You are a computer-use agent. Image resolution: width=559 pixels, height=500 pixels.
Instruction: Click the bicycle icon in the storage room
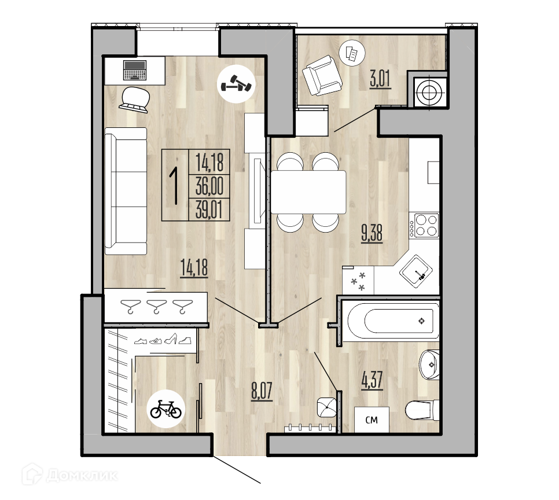pyautogui.click(x=166, y=409)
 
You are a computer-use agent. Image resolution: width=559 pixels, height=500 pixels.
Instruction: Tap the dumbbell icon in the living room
pyautogui.click(x=236, y=84)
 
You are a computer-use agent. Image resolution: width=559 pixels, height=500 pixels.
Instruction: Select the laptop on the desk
pyautogui.click(x=135, y=70)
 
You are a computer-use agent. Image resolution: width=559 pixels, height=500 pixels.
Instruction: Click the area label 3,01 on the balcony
pyautogui.click(x=380, y=79)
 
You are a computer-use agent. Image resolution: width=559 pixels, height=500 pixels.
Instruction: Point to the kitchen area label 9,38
pyautogui.click(x=372, y=233)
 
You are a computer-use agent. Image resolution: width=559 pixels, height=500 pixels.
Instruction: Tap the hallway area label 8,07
pyautogui.click(x=262, y=391)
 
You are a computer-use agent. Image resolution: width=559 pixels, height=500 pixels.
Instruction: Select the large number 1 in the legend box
pyautogui.click(x=175, y=186)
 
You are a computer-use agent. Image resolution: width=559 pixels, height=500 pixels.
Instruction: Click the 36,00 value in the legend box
pyautogui.click(x=209, y=186)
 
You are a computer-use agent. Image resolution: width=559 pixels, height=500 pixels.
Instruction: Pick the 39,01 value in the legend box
pyautogui.click(x=209, y=209)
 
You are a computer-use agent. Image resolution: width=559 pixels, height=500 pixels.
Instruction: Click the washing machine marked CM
pyautogui.click(x=372, y=420)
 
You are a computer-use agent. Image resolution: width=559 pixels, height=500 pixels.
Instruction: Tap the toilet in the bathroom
pyautogui.click(x=422, y=410)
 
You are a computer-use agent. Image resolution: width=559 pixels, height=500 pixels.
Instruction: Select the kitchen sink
pyautogui.click(x=415, y=271)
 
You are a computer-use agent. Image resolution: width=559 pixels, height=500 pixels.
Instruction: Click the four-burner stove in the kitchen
pyautogui.click(x=424, y=225)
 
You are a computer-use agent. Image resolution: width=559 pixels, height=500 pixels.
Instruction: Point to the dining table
pyautogui.click(x=308, y=192)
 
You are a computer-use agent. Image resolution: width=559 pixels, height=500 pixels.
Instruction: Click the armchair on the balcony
pyautogui.click(x=322, y=75)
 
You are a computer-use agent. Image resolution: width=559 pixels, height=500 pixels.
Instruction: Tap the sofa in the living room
pyautogui.click(x=126, y=191)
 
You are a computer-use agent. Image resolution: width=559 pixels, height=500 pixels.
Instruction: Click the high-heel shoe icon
pyautogui.click(x=171, y=339)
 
